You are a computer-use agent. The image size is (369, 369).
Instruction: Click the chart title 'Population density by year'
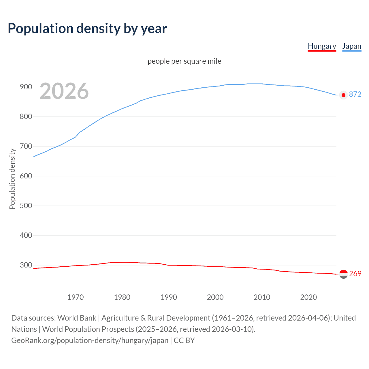tap(87, 29)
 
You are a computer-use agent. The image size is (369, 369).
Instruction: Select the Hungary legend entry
tap(322, 46)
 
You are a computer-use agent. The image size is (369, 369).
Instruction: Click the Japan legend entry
tap(352, 46)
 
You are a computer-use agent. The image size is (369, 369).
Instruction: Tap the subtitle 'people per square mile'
tap(184, 61)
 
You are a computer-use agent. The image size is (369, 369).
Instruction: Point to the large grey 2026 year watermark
tap(64, 91)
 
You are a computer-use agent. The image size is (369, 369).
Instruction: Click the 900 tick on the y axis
tap(26, 87)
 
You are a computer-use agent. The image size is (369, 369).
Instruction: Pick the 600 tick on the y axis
tap(26, 176)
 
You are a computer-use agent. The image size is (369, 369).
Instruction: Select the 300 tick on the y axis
tap(26, 265)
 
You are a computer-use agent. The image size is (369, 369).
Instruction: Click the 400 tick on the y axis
tap(26, 235)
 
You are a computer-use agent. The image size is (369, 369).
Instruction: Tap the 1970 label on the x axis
tap(76, 297)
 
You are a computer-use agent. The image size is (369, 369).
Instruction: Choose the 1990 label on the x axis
tap(169, 297)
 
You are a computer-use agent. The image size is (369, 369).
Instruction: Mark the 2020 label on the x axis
tap(308, 297)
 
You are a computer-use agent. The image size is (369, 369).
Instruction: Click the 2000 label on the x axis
tap(215, 297)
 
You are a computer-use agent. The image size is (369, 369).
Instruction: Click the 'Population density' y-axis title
tap(12, 179)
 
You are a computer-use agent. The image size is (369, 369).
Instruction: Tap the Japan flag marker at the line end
tap(343, 95)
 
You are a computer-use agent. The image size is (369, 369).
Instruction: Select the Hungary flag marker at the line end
tap(343, 274)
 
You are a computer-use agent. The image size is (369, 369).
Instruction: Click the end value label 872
tap(355, 95)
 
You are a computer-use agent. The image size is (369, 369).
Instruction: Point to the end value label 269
tap(355, 274)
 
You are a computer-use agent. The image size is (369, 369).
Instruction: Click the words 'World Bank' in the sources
tap(77, 318)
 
